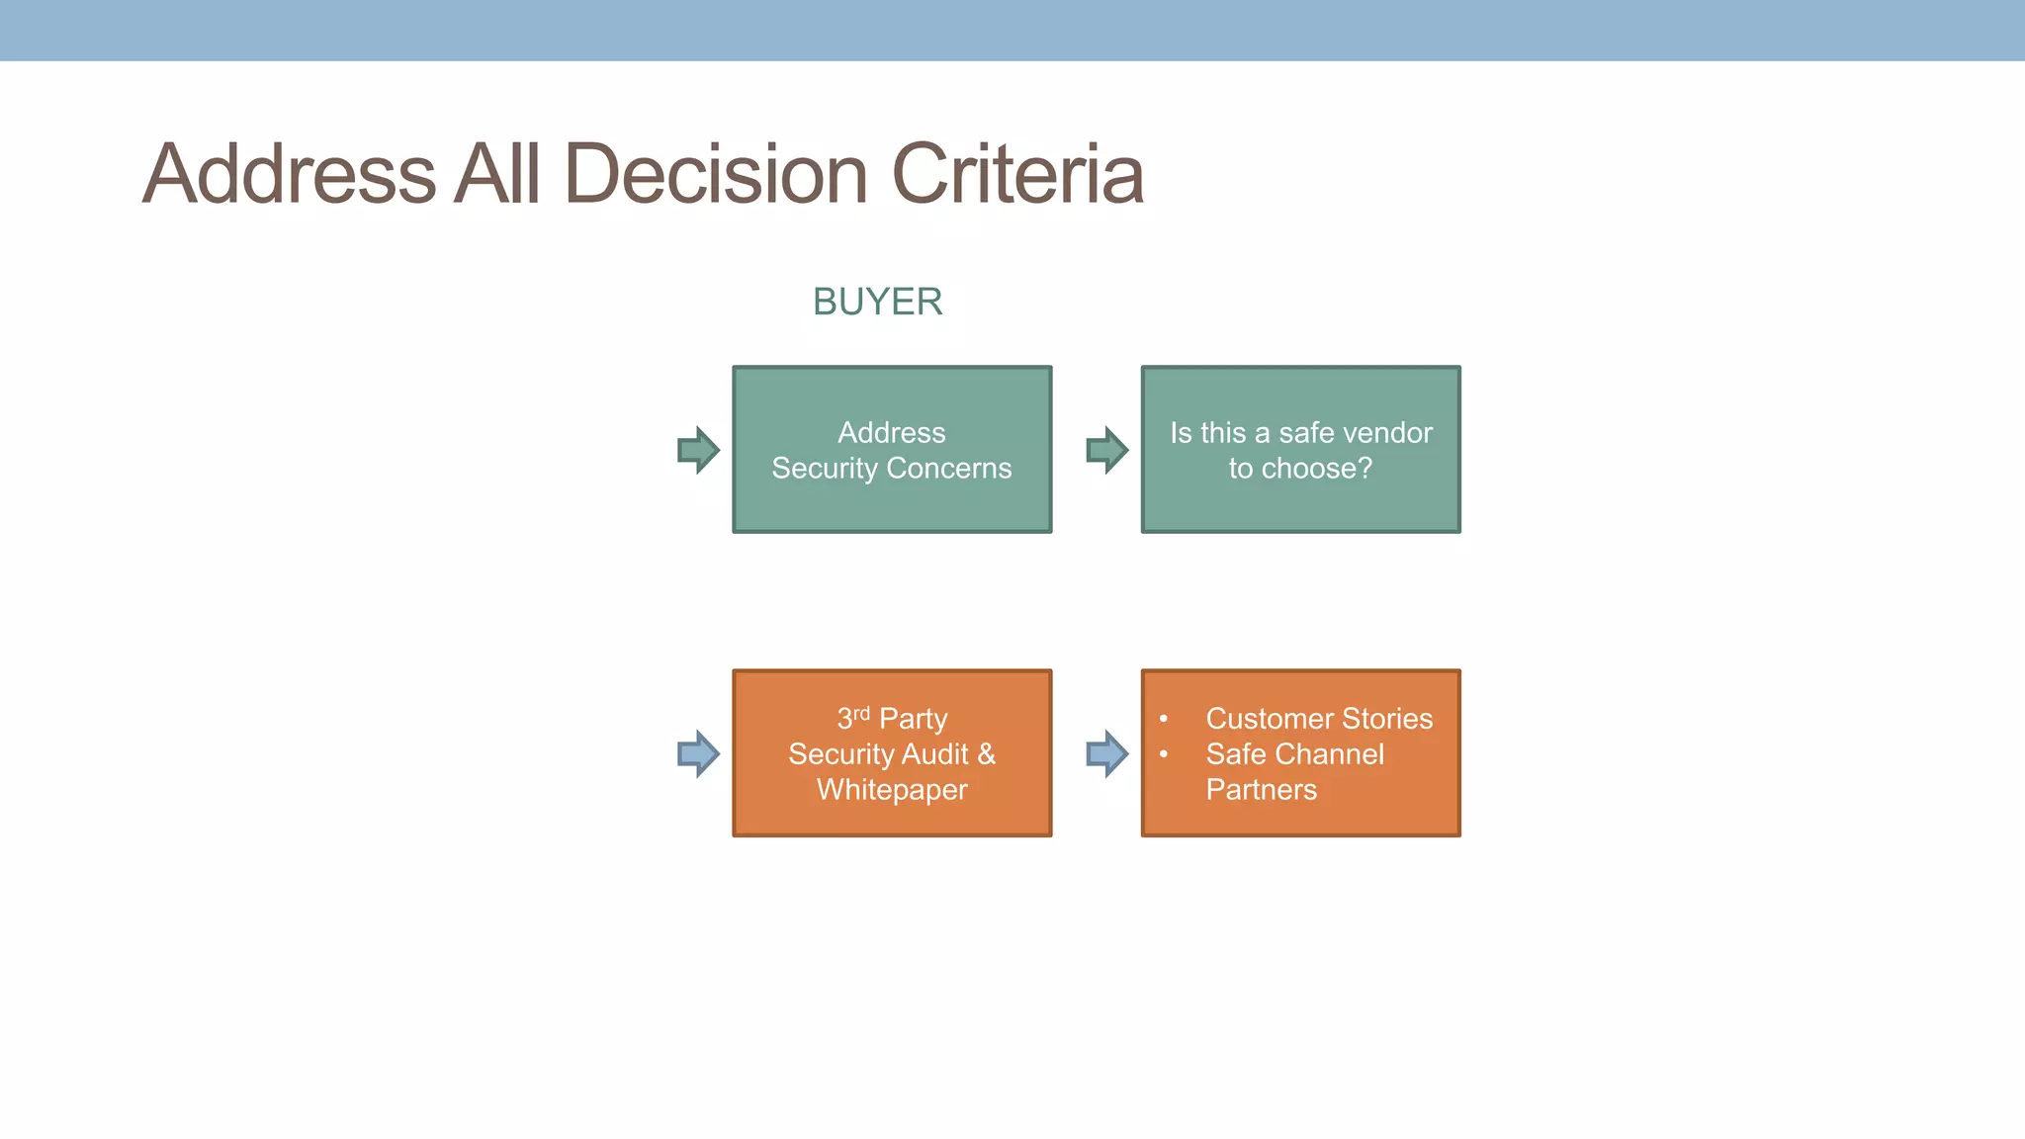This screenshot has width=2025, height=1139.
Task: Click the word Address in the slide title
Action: point(289,174)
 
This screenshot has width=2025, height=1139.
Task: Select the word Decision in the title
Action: point(716,174)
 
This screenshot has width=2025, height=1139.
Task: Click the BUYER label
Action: point(877,302)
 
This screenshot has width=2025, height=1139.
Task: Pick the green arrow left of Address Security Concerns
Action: point(698,450)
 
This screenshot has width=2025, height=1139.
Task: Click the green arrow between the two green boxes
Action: point(1106,450)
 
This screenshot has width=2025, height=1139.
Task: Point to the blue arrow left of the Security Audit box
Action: point(698,754)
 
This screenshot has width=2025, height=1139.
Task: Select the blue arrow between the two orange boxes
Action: point(1106,754)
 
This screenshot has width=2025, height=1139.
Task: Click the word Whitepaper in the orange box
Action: point(892,790)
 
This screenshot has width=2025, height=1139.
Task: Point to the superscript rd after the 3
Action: point(861,712)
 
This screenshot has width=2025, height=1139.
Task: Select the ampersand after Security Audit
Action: point(986,754)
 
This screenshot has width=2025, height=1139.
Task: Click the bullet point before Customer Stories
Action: point(1164,719)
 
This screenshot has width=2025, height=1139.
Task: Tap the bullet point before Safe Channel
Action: point(1164,754)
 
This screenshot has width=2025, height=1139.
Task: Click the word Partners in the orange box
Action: point(1261,790)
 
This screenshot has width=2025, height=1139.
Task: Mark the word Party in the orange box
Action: point(913,719)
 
